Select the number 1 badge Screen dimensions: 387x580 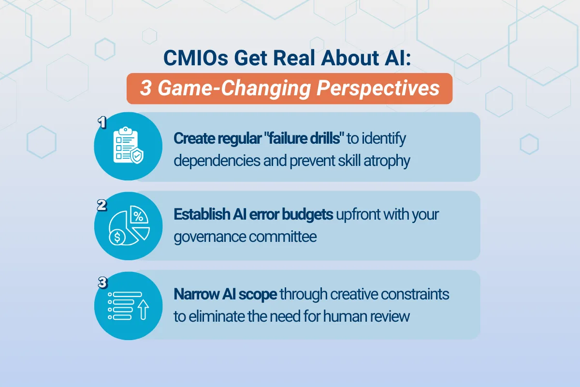click(102, 122)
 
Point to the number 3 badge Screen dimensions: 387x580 click(102, 283)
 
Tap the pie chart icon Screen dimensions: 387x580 click(128, 225)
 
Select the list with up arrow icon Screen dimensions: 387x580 click(128, 305)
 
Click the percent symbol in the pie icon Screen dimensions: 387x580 click(138, 216)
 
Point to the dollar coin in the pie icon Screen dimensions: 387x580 click(116, 237)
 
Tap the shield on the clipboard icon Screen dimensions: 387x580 click(137, 156)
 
